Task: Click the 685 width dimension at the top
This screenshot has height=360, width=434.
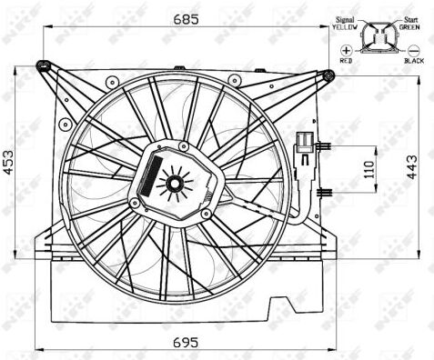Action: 186,19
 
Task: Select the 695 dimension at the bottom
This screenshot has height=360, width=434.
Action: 186,343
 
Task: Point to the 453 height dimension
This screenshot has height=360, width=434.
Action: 8,163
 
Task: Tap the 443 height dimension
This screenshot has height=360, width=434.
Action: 411,167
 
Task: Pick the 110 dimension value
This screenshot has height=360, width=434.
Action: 368,170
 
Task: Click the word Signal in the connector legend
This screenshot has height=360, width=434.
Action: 345,20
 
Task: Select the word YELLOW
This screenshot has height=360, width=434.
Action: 345,27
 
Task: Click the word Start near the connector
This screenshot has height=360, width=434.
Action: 411,20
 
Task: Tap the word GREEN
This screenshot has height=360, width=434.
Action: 409,27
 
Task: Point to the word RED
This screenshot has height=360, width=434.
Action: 346,61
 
